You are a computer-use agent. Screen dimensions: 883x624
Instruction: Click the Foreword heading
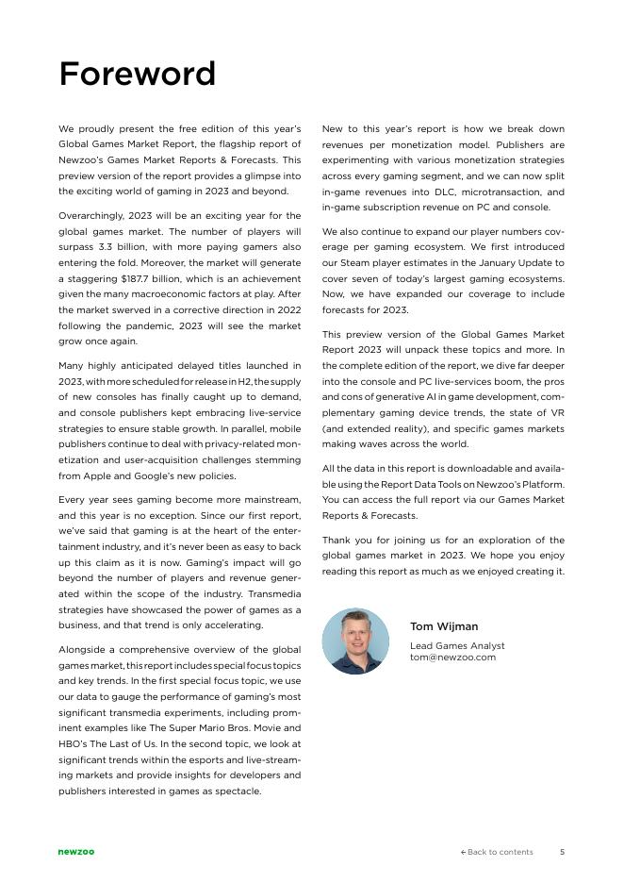137,74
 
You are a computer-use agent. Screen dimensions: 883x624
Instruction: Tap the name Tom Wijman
443,626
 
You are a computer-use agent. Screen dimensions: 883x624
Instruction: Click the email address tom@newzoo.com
452,657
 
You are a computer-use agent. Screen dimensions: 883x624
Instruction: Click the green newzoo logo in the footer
76,852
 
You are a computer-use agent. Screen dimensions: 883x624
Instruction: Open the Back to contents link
497,852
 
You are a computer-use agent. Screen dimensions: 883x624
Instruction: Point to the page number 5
563,852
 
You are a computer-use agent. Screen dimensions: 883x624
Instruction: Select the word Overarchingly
95,216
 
